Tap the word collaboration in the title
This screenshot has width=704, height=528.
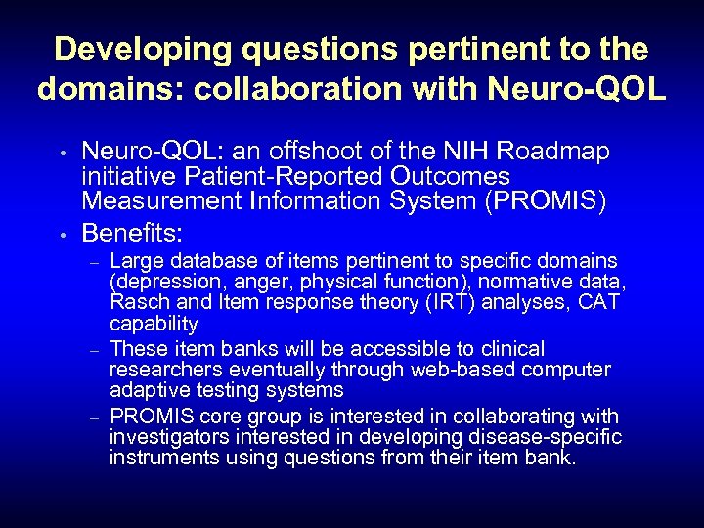tap(292, 88)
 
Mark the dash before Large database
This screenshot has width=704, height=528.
tap(94, 263)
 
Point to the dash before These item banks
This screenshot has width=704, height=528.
tap(94, 350)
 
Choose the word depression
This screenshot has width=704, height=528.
tap(157, 283)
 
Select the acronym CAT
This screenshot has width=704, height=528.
tap(599, 302)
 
